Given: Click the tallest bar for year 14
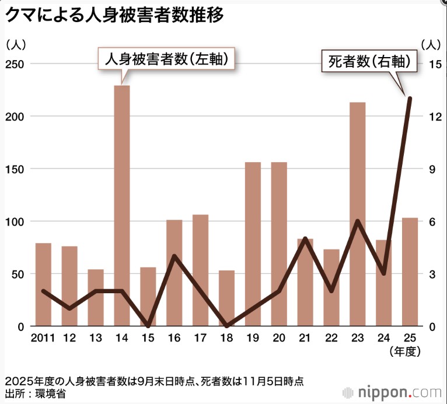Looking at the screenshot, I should [x=121, y=204].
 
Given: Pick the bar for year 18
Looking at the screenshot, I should [x=227, y=297].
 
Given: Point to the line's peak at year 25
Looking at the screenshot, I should [x=410, y=99].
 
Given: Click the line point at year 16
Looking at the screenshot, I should [x=174, y=256].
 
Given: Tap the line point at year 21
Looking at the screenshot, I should [x=305, y=238].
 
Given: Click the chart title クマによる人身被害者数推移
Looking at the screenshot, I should [x=114, y=15].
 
